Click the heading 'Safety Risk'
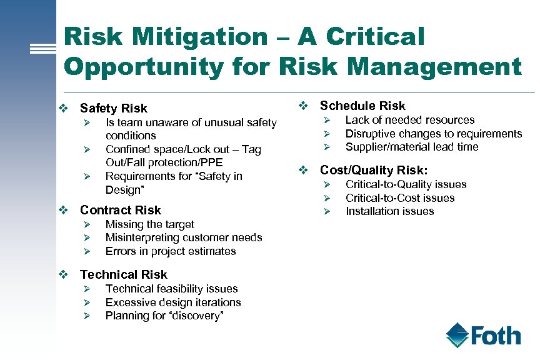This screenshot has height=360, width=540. point(114,109)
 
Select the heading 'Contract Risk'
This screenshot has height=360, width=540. point(121,210)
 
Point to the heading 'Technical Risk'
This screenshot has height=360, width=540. point(124,274)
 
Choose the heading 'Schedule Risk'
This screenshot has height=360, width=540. point(362,106)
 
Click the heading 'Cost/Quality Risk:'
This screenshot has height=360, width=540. point(374,170)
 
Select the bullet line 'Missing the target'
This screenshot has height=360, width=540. point(150,224)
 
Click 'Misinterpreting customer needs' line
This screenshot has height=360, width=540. point(184,237)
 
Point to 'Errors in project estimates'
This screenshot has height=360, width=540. point(171,251)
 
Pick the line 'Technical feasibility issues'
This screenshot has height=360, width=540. point(172,289)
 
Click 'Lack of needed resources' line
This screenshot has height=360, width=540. point(410,120)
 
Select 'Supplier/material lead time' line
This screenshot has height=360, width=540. point(412,147)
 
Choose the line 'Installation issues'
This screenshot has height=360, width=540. point(389,211)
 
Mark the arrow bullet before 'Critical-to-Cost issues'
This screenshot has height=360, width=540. point(325,198)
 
